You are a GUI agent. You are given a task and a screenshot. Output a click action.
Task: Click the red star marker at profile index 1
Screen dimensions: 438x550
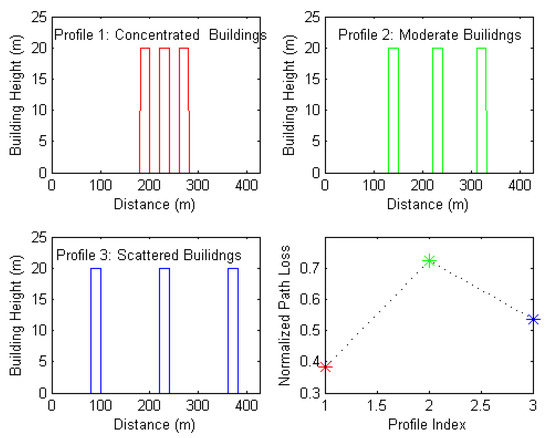coord(326,367)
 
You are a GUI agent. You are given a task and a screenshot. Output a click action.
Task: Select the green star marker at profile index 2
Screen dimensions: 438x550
coord(430,260)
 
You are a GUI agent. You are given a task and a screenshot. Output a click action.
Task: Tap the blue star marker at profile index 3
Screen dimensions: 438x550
coord(534,319)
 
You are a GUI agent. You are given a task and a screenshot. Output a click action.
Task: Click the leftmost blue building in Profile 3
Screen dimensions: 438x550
coord(96,330)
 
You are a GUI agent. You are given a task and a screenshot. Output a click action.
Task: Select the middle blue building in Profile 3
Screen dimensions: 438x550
coord(164,330)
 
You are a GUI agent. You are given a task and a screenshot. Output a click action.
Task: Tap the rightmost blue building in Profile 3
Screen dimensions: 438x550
coord(233,330)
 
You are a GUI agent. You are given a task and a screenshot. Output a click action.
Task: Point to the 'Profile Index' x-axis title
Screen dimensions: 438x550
coord(430,428)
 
